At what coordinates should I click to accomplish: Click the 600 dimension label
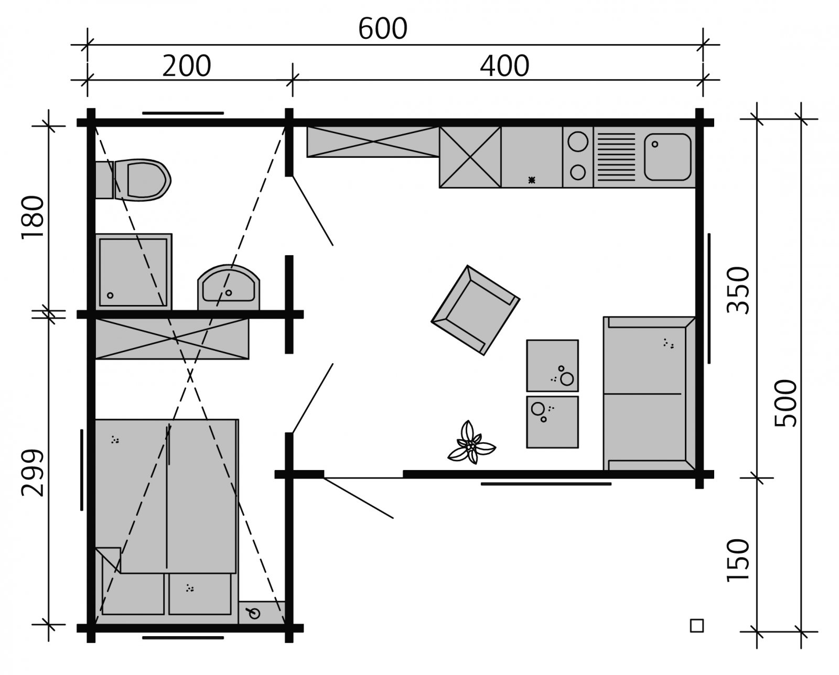tap(382, 29)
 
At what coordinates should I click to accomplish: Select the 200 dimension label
tap(186, 66)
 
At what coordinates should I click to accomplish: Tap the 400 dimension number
tap(504, 66)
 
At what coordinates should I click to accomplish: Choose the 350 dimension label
tap(738, 290)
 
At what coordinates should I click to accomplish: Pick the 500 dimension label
tap(785, 402)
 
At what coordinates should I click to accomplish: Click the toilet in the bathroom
tap(142, 180)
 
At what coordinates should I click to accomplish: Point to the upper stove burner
tap(578, 141)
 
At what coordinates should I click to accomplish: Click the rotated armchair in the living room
tap(475, 309)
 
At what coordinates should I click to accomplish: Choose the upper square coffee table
tap(552, 365)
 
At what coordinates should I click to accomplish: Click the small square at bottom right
tap(696, 625)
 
